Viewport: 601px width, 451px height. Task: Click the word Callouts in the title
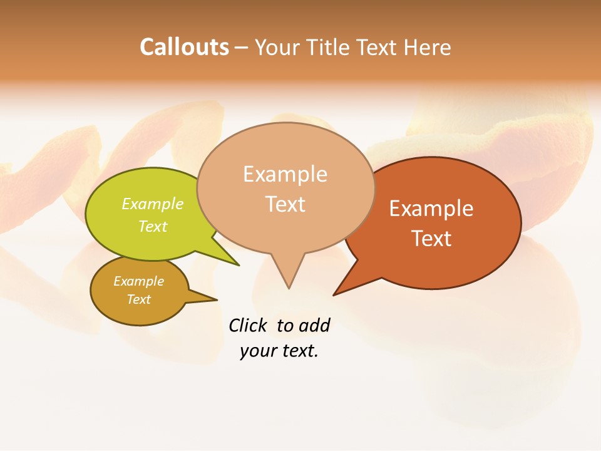tap(184, 47)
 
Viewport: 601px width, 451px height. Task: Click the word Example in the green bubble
tap(153, 204)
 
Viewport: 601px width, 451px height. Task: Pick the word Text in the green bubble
tap(153, 226)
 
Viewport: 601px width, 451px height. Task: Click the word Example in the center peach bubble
tap(285, 174)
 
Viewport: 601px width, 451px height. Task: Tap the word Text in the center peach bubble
tap(285, 204)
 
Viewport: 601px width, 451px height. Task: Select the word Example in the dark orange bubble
tap(431, 209)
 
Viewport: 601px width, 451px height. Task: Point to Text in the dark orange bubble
tap(431, 239)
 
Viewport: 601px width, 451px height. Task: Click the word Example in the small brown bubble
tap(139, 281)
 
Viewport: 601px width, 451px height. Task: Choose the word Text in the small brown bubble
tap(139, 299)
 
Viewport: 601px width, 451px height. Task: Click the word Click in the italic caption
tap(247, 326)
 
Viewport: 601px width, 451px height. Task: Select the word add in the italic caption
tap(314, 326)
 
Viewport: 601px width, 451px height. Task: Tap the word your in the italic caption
tap(255, 351)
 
